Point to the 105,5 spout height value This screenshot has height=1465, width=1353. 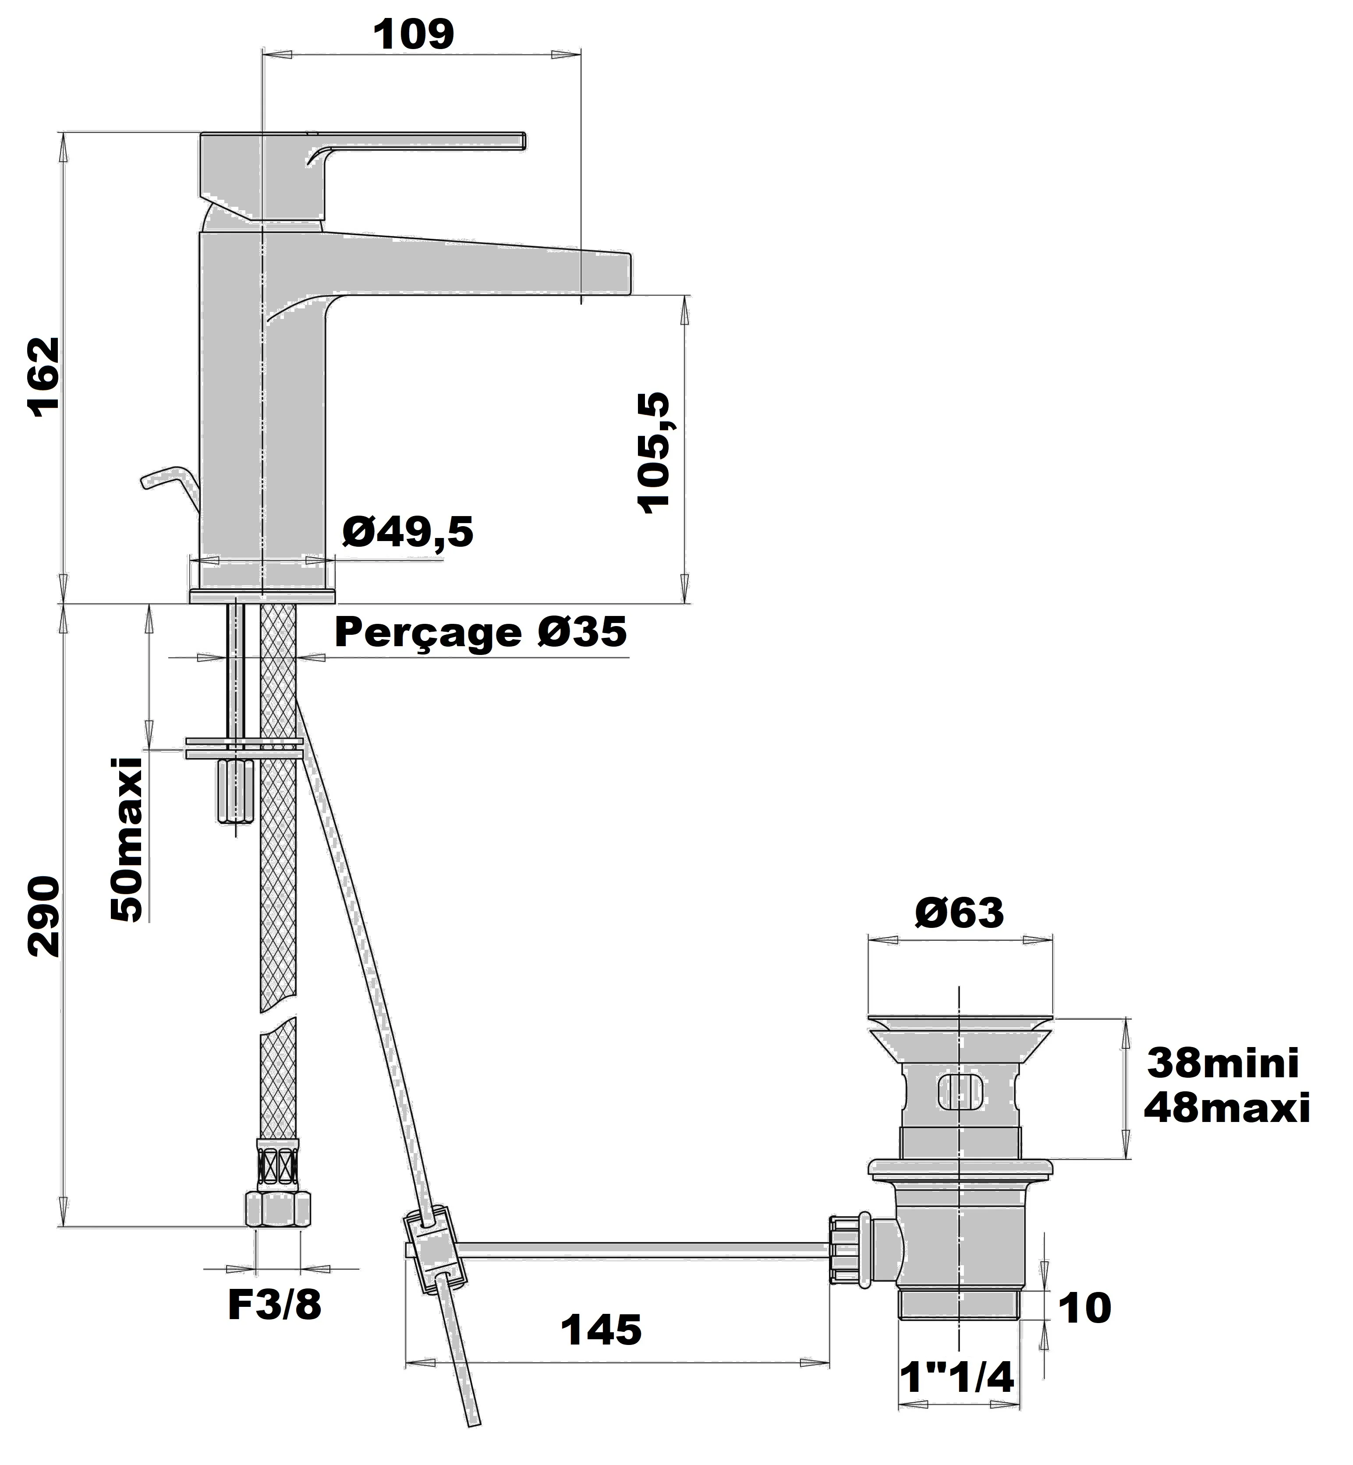(x=654, y=453)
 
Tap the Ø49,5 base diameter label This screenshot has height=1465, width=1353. (x=408, y=532)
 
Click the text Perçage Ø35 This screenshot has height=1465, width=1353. (x=480, y=632)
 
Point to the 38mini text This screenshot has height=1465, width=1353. (x=1223, y=1064)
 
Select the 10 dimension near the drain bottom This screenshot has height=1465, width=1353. (x=1084, y=1308)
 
